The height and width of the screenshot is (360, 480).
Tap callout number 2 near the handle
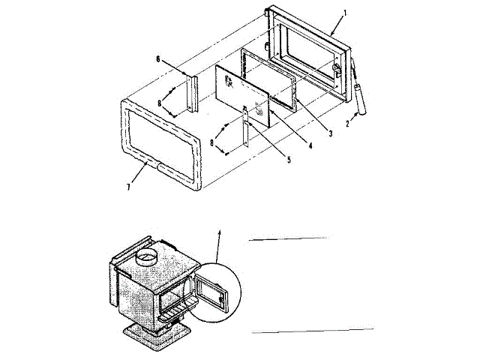(x=347, y=124)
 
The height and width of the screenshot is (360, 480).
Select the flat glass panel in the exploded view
(x=241, y=93)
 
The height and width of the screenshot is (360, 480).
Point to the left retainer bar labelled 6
(x=191, y=91)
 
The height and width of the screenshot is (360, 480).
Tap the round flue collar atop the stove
(x=147, y=259)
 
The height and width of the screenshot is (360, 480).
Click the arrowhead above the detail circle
(x=220, y=234)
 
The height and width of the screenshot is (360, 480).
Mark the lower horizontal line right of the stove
(x=312, y=330)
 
